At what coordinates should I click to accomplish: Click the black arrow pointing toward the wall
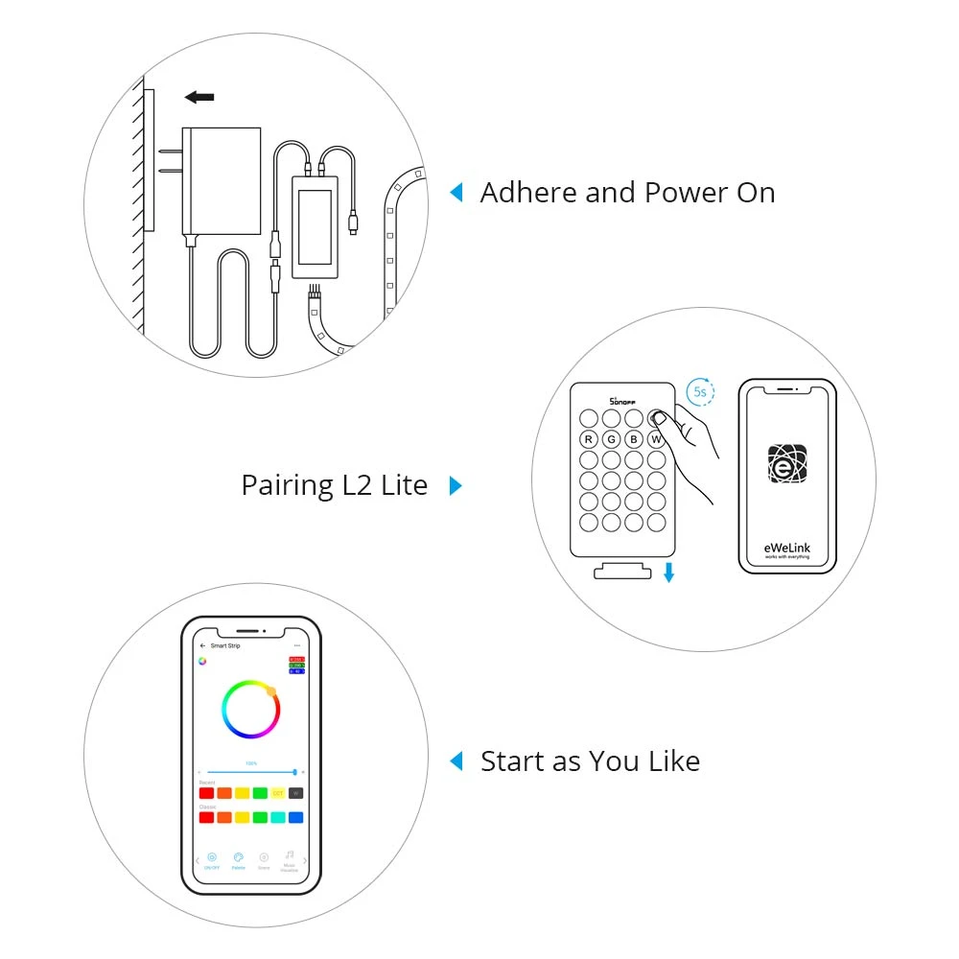(x=199, y=97)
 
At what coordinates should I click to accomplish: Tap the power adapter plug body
(x=222, y=180)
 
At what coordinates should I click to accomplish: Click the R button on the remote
(x=588, y=440)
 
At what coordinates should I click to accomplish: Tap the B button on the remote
(x=634, y=440)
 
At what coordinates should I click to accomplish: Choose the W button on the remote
(x=657, y=440)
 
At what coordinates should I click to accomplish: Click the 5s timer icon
(x=700, y=393)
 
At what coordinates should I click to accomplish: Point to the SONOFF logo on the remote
(x=623, y=400)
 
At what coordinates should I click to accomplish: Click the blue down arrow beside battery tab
(x=669, y=573)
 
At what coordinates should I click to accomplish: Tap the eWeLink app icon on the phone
(x=786, y=463)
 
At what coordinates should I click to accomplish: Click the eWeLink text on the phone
(x=786, y=548)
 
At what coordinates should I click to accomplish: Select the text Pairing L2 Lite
(x=334, y=485)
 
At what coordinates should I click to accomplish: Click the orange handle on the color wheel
(x=271, y=690)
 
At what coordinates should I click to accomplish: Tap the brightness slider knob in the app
(x=294, y=771)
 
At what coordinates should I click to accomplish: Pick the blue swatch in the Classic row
(x=295, y=817)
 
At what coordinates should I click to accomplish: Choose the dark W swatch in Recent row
(x=295, y=793)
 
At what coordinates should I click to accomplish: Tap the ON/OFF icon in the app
(x=212, y=857)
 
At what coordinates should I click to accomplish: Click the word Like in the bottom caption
(x=670, y=761)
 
